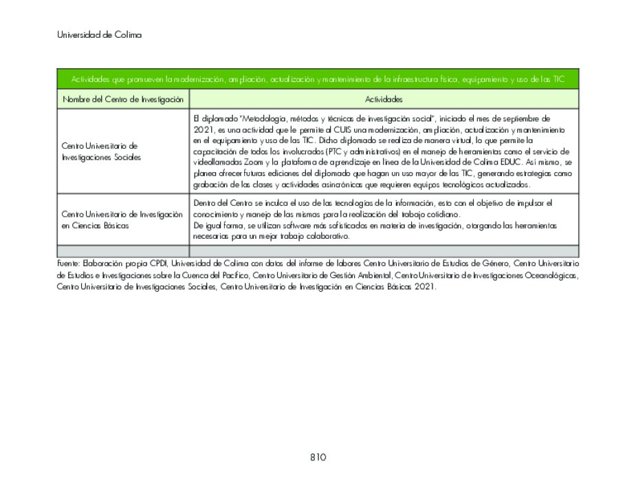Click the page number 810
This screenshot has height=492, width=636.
tap(318, 458)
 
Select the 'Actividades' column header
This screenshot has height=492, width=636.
tap(384, 100)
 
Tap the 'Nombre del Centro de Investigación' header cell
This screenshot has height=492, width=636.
tap(123, 100)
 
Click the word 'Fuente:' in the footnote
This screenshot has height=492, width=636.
tap(68, 264)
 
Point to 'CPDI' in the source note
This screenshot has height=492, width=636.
tap(159, 264)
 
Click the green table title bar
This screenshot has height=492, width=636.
tap(318, 79)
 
